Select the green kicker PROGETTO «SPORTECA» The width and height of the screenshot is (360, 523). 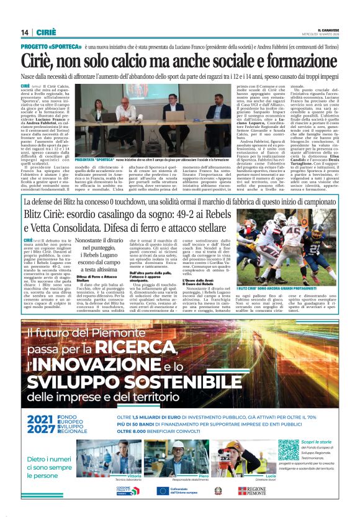click(45, 47)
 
